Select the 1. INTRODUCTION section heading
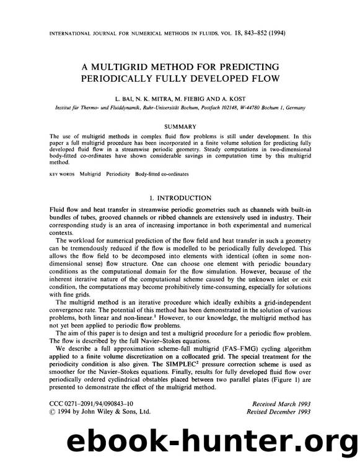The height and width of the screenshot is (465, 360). [180, 198]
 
